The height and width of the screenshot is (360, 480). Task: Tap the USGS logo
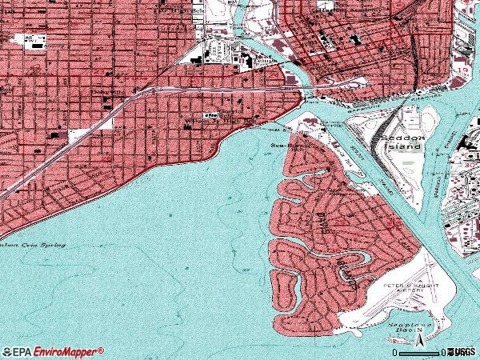coord(462,352)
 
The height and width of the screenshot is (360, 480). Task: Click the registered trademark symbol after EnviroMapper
coord(102,349)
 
